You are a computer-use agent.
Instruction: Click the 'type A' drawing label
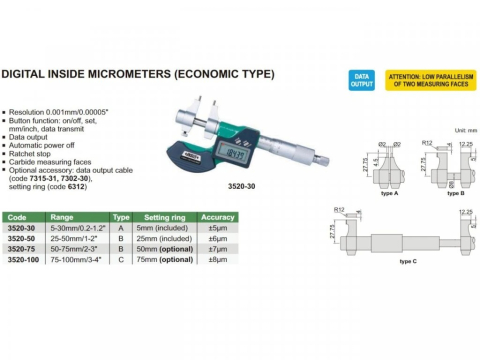364,190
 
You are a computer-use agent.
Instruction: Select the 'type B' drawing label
438,190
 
